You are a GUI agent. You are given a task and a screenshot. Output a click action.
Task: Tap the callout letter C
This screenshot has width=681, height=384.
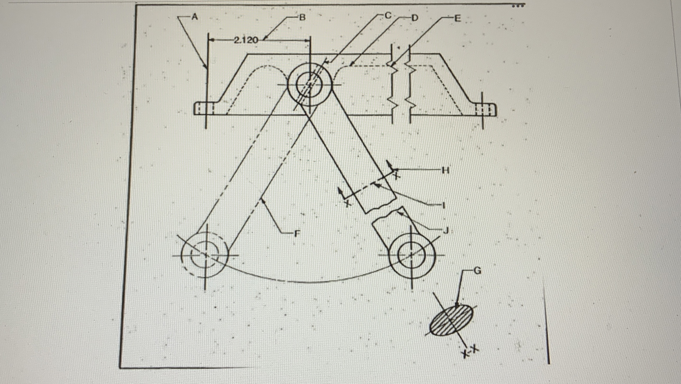[388, 16]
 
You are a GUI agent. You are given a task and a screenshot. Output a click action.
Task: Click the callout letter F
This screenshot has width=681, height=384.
[297, 233]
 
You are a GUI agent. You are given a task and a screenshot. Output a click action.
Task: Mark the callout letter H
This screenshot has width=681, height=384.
[446, 171]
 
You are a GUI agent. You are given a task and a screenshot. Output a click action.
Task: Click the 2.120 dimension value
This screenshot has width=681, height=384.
[246, 40]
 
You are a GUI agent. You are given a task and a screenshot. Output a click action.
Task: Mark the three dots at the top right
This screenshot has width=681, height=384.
[517, 6]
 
